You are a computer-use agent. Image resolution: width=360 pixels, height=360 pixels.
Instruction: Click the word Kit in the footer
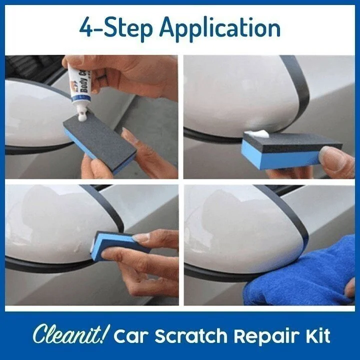point(316,336)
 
